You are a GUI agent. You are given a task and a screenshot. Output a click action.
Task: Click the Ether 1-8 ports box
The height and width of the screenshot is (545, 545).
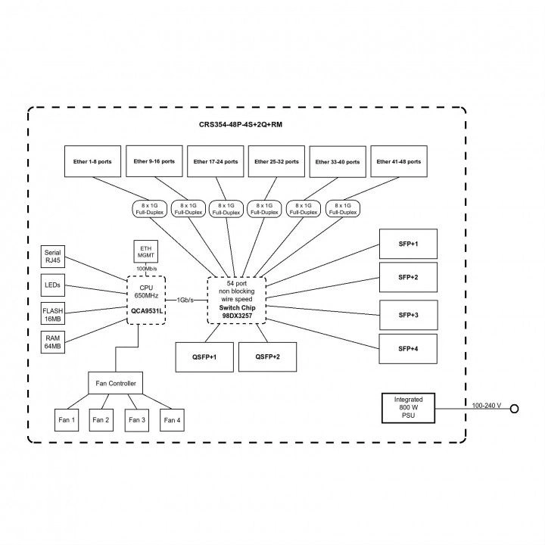92,161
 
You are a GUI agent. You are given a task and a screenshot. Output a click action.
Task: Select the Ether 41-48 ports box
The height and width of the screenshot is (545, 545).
399,161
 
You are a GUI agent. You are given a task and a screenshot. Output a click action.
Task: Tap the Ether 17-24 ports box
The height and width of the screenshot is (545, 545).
215,161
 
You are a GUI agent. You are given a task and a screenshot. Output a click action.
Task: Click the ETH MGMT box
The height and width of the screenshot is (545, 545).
145,251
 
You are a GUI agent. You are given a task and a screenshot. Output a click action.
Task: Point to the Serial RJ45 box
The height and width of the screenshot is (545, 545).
53,257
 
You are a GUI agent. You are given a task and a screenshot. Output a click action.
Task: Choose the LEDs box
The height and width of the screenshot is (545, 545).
53,285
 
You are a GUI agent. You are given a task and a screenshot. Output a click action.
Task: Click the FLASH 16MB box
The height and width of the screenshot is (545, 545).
53,313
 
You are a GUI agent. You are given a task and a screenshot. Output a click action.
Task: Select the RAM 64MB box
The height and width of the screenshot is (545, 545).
53,342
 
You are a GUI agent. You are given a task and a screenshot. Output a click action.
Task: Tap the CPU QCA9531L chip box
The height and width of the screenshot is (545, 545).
146,301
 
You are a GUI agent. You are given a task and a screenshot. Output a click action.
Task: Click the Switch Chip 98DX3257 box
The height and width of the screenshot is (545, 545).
237,301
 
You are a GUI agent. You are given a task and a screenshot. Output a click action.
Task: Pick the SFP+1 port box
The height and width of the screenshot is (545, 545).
408,244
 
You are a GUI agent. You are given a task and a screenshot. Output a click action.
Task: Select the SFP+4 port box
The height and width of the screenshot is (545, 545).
408,349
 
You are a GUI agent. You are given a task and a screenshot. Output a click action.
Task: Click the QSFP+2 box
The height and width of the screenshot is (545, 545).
268,357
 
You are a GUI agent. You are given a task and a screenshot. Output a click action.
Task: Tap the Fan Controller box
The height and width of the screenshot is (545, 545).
115,383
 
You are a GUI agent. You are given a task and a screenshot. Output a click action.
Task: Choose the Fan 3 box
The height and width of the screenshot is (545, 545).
137,420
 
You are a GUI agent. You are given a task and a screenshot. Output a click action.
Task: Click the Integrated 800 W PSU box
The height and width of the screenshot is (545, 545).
409,408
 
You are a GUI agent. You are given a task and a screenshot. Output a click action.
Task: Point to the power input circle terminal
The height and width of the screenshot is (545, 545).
515,409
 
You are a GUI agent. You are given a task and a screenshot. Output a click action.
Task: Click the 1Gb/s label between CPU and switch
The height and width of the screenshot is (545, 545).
185,300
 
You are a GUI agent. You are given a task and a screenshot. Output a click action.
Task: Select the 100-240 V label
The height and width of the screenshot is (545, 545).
486,405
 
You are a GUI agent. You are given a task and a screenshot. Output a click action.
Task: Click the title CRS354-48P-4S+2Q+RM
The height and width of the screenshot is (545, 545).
241,124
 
